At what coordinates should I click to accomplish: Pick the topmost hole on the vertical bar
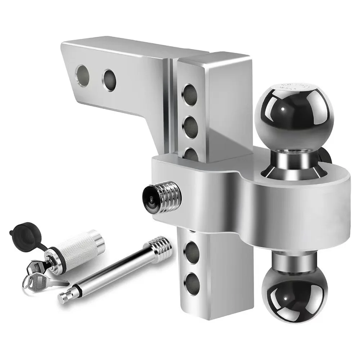190,94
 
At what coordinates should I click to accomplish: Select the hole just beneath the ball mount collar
193,248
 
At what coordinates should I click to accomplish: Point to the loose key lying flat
50,283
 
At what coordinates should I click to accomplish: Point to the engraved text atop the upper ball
293,86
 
